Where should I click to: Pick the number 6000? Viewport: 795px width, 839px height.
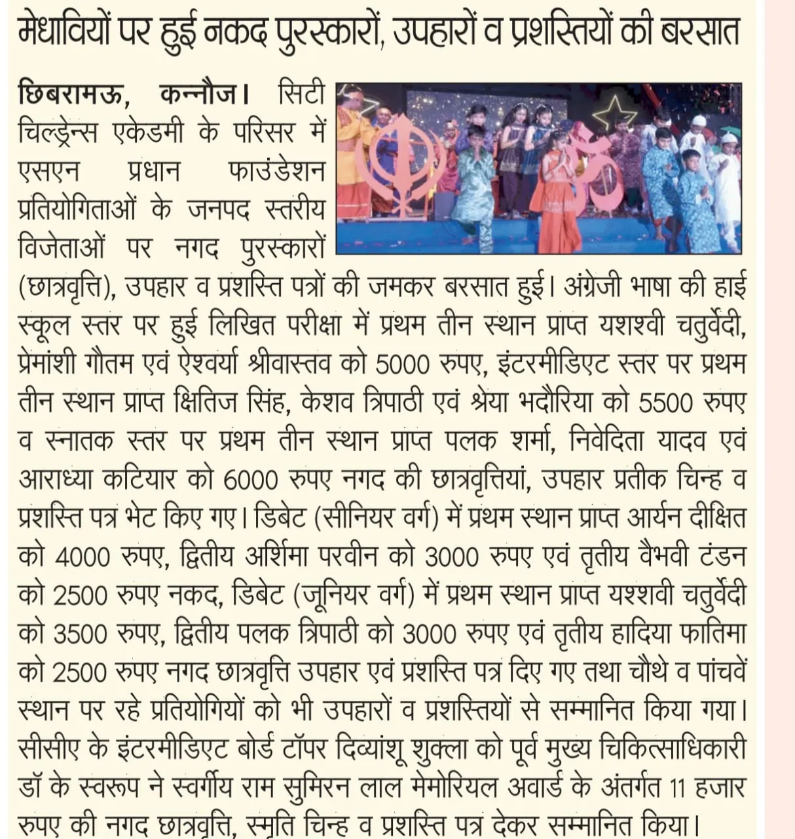pos(251,480)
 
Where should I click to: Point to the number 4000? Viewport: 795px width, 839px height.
pos(83,558)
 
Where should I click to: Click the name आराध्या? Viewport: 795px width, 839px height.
pos(56,480)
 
